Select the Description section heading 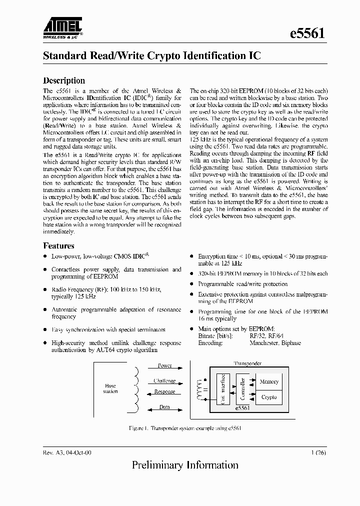(x=64, y=80)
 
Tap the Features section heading (x=59, y=245)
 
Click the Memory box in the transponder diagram (x=269, y=382)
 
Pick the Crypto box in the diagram (x=269, y=397)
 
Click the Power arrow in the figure (x=164, y=366)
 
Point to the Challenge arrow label (x=164, y=381)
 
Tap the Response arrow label (x=164, y=392)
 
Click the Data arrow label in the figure (x=164, y=407)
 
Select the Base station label (x=110, y=388)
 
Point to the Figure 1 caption (x=185, y=429)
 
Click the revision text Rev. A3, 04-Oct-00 (x=67, y=452)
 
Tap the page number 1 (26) (x=319, y=452)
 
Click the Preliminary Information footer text (x=185, y=465)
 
